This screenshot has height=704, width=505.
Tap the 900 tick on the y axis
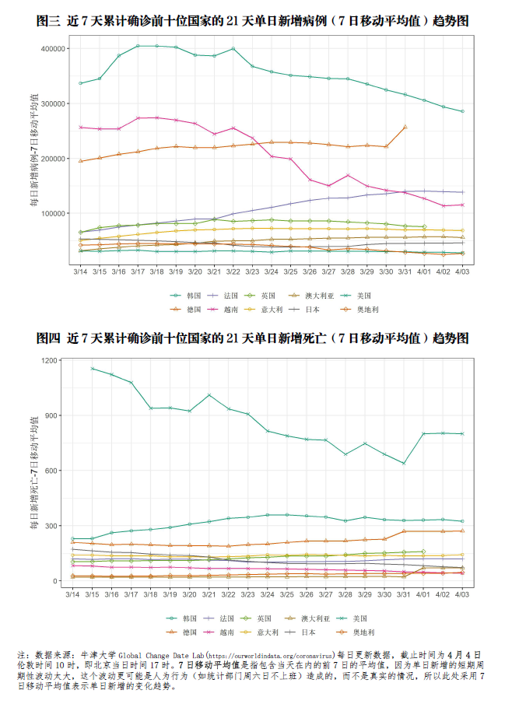(x=54, y=415)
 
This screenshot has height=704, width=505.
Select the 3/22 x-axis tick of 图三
(x=233, y=271)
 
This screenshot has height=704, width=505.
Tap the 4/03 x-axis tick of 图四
(x=461, y=595)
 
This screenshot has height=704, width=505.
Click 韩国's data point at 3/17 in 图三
(x=138, y=46)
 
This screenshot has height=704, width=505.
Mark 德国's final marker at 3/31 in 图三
(x=405, y=127)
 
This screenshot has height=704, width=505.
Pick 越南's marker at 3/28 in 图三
(x=348, y=175)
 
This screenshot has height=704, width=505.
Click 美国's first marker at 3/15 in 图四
(x=93, y=368)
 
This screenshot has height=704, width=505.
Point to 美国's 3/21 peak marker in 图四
(x=209, y=395)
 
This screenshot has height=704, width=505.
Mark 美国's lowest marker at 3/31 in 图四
(x=404, y=464)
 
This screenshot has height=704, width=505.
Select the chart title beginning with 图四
(x=253, y=338)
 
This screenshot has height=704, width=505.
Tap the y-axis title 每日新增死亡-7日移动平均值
(x=35, y=474)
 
